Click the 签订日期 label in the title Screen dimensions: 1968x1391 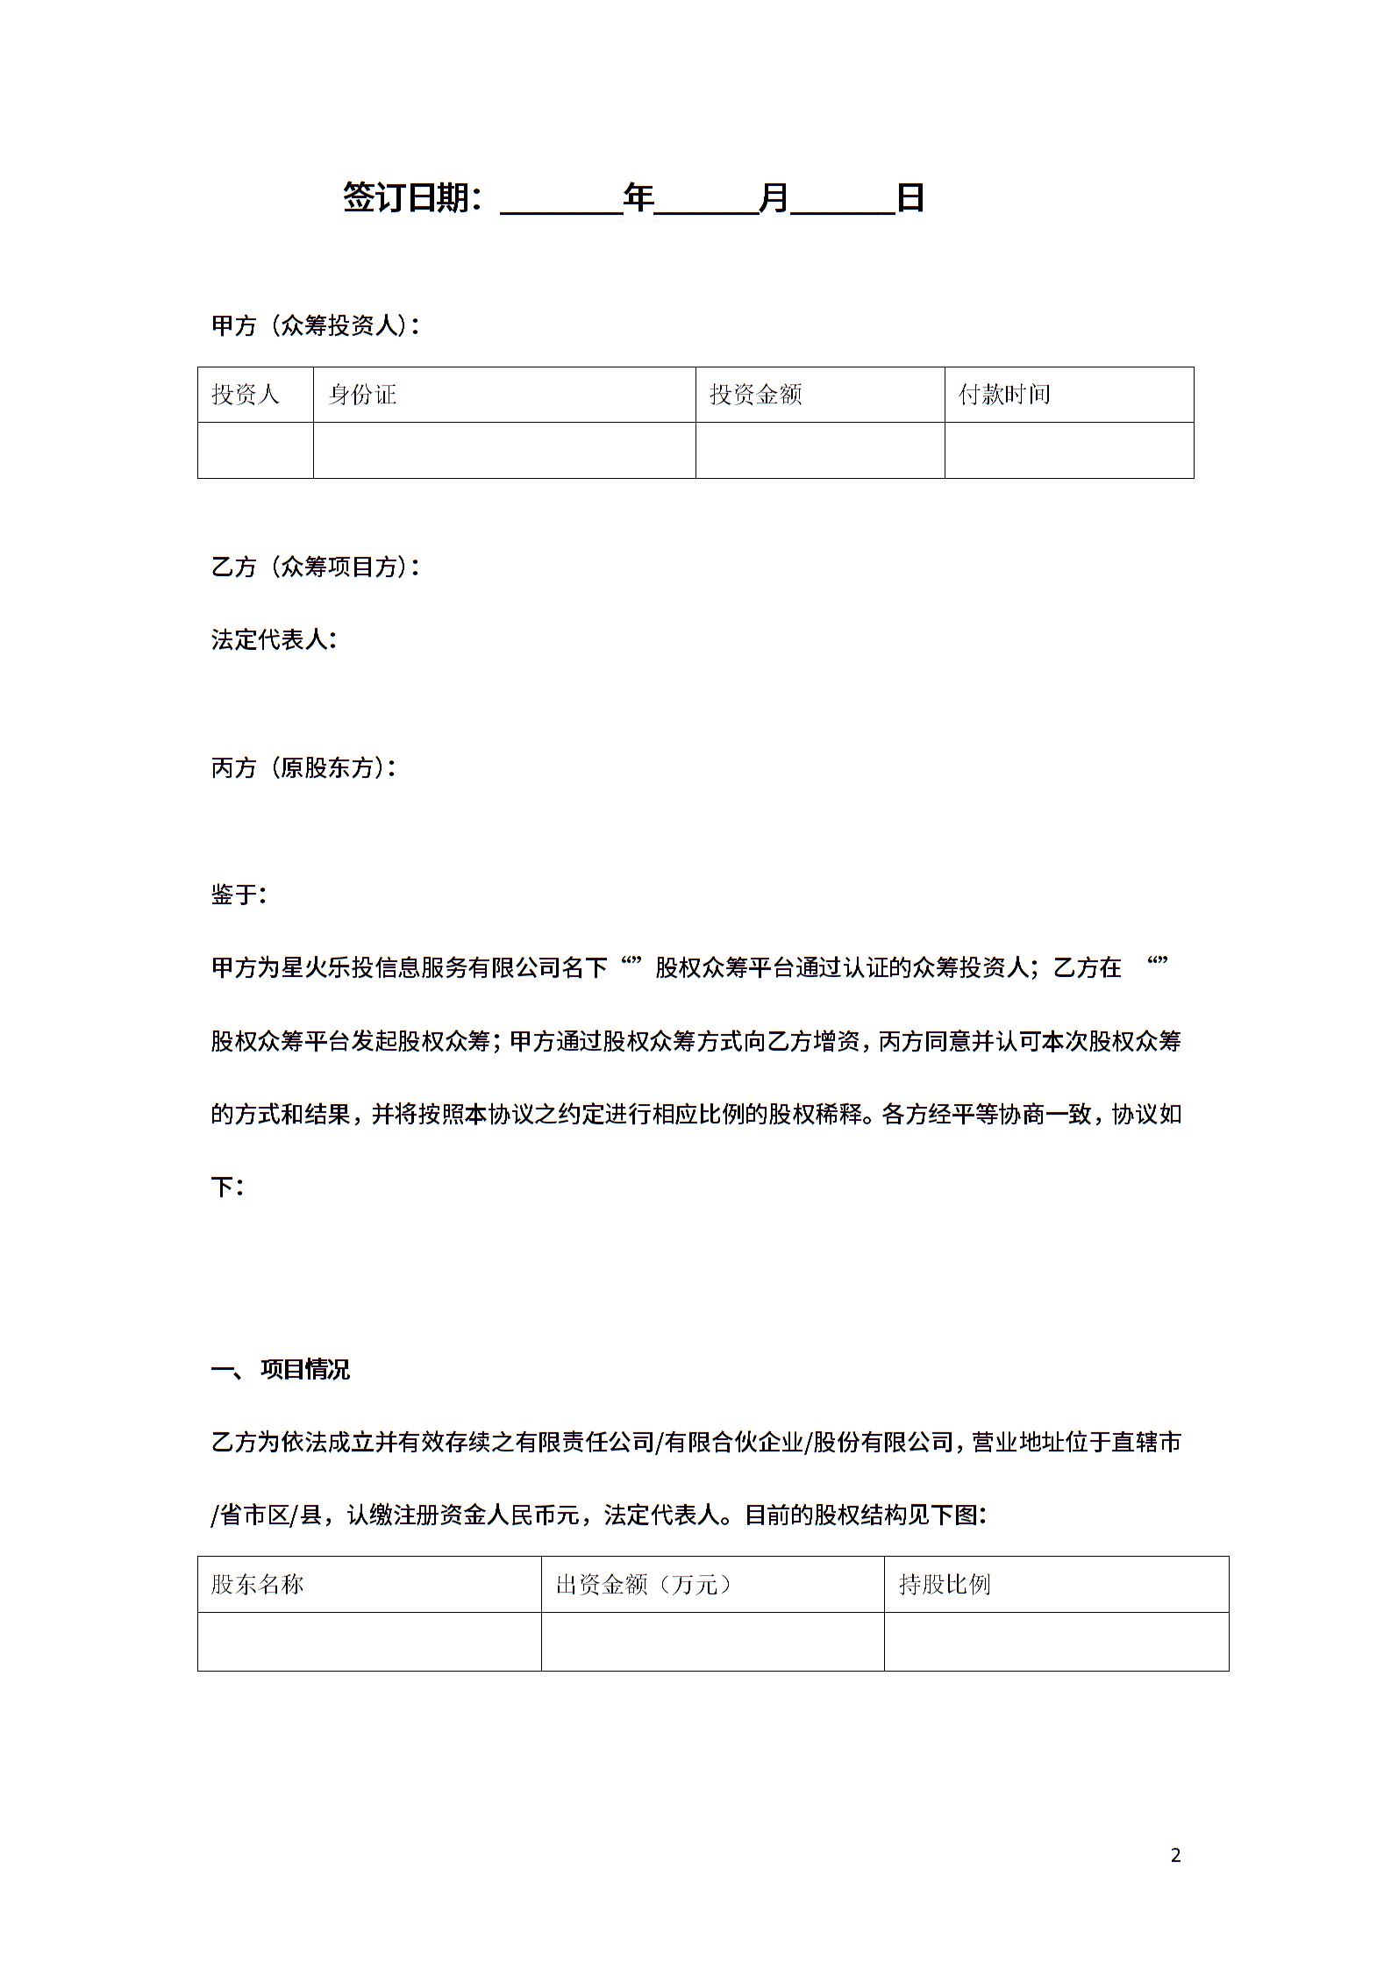pos(410,198)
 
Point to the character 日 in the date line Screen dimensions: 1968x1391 pos(910,198)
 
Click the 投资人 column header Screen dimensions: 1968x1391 pos(245,395)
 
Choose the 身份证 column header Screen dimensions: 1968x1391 pos(362,395)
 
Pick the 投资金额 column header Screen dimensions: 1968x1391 pos(755,395)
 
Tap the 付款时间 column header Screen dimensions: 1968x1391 pos(1004,395)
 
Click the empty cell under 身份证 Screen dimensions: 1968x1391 pos(504,450)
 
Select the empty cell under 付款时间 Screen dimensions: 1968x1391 pos(1068,450)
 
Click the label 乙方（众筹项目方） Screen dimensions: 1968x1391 pos(315,567)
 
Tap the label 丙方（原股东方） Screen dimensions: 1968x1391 pos(303,767)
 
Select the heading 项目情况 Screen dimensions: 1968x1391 pos(304,1370)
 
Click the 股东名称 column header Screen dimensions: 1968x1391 pos(257,1585)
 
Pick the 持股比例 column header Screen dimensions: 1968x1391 pos(945,1585)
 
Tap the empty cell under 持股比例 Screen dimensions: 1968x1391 pos(1056,1641)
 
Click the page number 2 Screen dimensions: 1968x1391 pos(1176,1855)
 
